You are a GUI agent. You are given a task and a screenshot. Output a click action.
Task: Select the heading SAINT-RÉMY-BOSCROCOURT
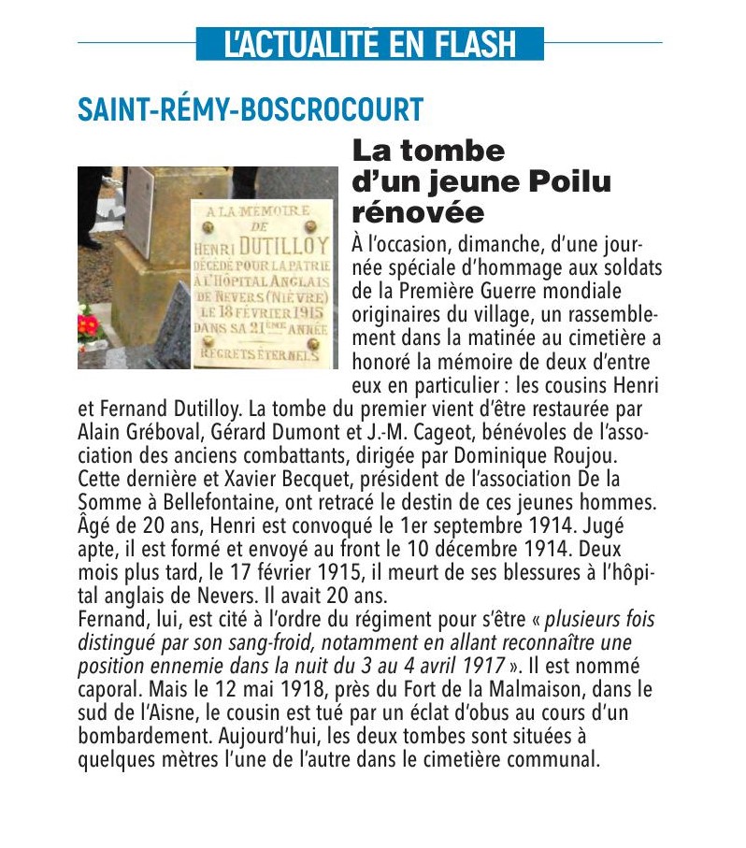pyautogui.click(x=251, y=109)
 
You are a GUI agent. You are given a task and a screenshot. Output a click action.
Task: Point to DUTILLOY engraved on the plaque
pyautogui.click(x=283, y=247)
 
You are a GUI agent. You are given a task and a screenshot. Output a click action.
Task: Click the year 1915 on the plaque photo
pyautogui.click(x=307, y=312)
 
